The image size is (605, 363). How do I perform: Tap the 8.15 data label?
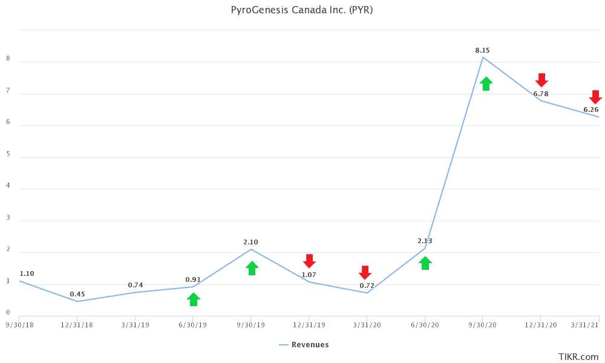point(482,50)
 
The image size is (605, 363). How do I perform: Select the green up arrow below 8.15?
point(486,83)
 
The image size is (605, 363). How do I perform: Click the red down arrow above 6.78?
point(541,80)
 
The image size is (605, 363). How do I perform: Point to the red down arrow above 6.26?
point(595,97)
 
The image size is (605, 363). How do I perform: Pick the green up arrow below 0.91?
point(193,299)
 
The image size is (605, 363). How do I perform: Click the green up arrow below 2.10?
point(252,268)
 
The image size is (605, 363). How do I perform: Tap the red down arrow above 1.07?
point(309,261)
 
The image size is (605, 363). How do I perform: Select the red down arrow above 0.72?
point(365,272)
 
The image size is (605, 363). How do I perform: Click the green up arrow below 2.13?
point(425,263)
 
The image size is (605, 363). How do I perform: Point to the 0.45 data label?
point(77,294)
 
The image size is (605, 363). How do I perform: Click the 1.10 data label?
point(27,273)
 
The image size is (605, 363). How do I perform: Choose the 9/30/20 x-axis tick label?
point(483,325)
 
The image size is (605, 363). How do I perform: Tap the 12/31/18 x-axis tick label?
point(77,325)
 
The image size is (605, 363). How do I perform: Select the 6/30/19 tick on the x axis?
point(193,325)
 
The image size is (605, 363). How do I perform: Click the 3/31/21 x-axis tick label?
point(585,325)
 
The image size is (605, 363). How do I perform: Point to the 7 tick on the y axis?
point(8,90)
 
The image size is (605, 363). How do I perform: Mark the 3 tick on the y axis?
point(8,217)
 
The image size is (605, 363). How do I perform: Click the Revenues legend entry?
point(304,345)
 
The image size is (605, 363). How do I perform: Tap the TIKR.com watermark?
point(578,357)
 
